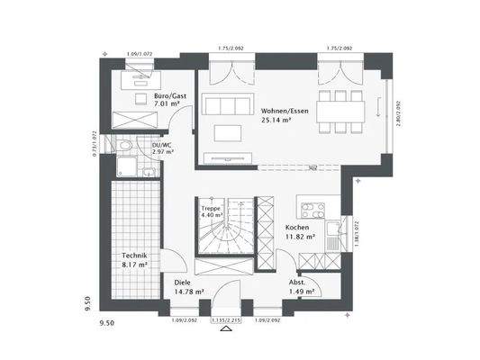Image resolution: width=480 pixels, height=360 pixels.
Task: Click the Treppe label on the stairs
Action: (211, 208)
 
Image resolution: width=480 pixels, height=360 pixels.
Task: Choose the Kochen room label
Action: (298, 228)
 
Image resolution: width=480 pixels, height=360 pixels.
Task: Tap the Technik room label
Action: (135, 256)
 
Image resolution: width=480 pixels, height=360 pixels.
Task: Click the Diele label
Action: (183, 282)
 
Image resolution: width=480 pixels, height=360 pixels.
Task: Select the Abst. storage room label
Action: (297, 282)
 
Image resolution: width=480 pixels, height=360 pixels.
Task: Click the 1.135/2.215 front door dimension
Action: (225, 320)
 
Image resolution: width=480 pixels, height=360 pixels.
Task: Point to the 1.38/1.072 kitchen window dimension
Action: (357, 233)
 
